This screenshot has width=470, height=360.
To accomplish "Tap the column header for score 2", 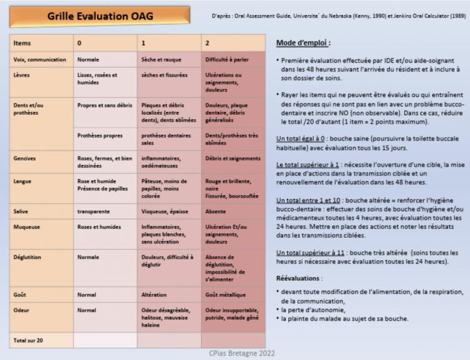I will [x=207, y=43].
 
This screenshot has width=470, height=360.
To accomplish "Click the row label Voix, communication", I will [x=39, y=60].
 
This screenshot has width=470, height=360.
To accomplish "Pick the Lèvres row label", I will [x=22, y=75].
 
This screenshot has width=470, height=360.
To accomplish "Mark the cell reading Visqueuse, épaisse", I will [x=164, y=211].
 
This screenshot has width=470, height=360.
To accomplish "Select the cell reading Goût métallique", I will [x=226, y=294].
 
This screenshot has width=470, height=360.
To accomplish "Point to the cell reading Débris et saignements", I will [x=231, y=159].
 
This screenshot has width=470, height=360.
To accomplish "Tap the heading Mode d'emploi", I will [x=303, y=43].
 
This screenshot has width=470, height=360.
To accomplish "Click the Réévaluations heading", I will [x=300, y=278].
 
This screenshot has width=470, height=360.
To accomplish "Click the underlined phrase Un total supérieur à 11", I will [x=310, y=252].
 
